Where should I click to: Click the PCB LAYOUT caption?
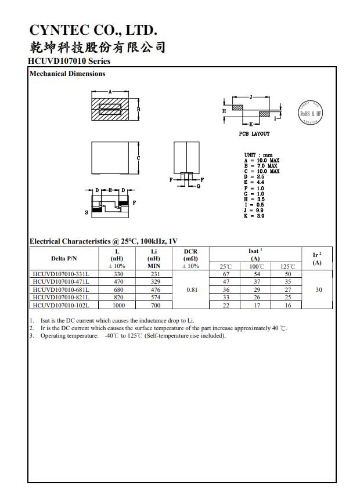click(x=254, y=134)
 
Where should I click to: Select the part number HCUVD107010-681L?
click(x=61, y=289)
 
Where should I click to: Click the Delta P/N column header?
click(x=64, y=258)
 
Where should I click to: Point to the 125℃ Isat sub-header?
click(x=287, y=266)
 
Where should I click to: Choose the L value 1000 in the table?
click(x=118, y=305)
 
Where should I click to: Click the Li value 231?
click(x=154, y=274)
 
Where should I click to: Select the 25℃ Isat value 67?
click(x=226, y=274)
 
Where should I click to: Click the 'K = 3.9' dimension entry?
click(x=254, y=216)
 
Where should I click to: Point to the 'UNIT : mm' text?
click(x=258, y=155)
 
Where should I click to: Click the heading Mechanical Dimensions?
click(x=67, y=74)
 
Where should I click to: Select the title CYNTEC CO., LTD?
click(x=93, y=30)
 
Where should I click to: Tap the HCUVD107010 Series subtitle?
click(x=69, y=61)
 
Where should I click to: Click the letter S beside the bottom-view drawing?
click(x=87, y=213)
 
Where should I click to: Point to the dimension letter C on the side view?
click(x=139, y=158)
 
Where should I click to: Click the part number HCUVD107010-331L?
click(x=61, y=274)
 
